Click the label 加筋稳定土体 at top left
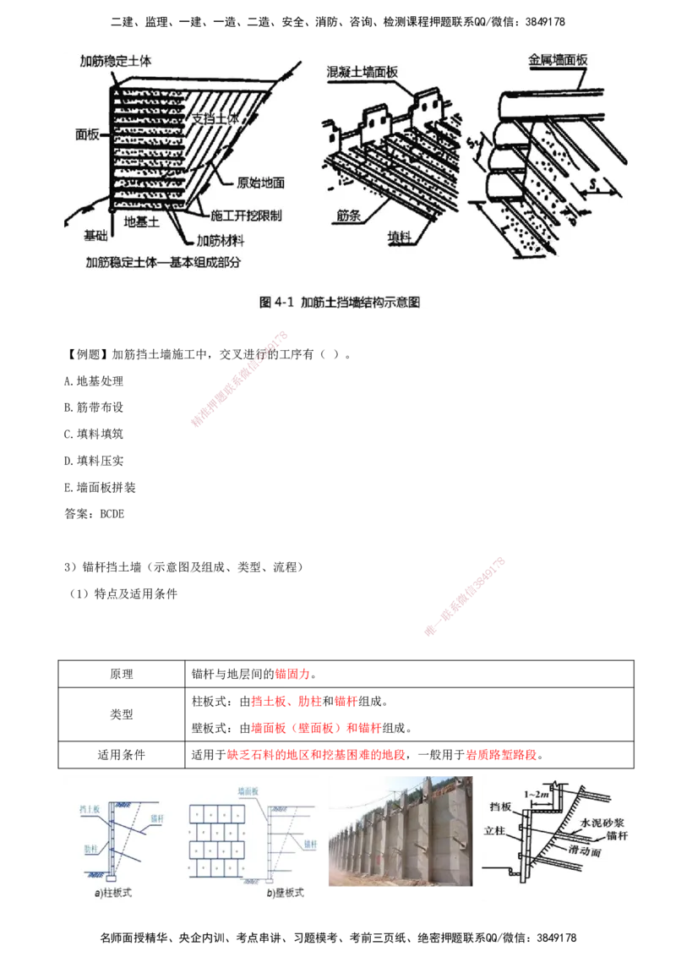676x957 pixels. [x=115, y=62]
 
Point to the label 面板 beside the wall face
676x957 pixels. [x=88, y=134]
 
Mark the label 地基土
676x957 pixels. [x=142, y=222]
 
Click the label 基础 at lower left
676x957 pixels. [x=95, y=234]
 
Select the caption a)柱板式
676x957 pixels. [x=118, y=892]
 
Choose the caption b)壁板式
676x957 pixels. [x=285, y=892]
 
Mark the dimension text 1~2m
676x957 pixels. [x=537, y=795]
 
